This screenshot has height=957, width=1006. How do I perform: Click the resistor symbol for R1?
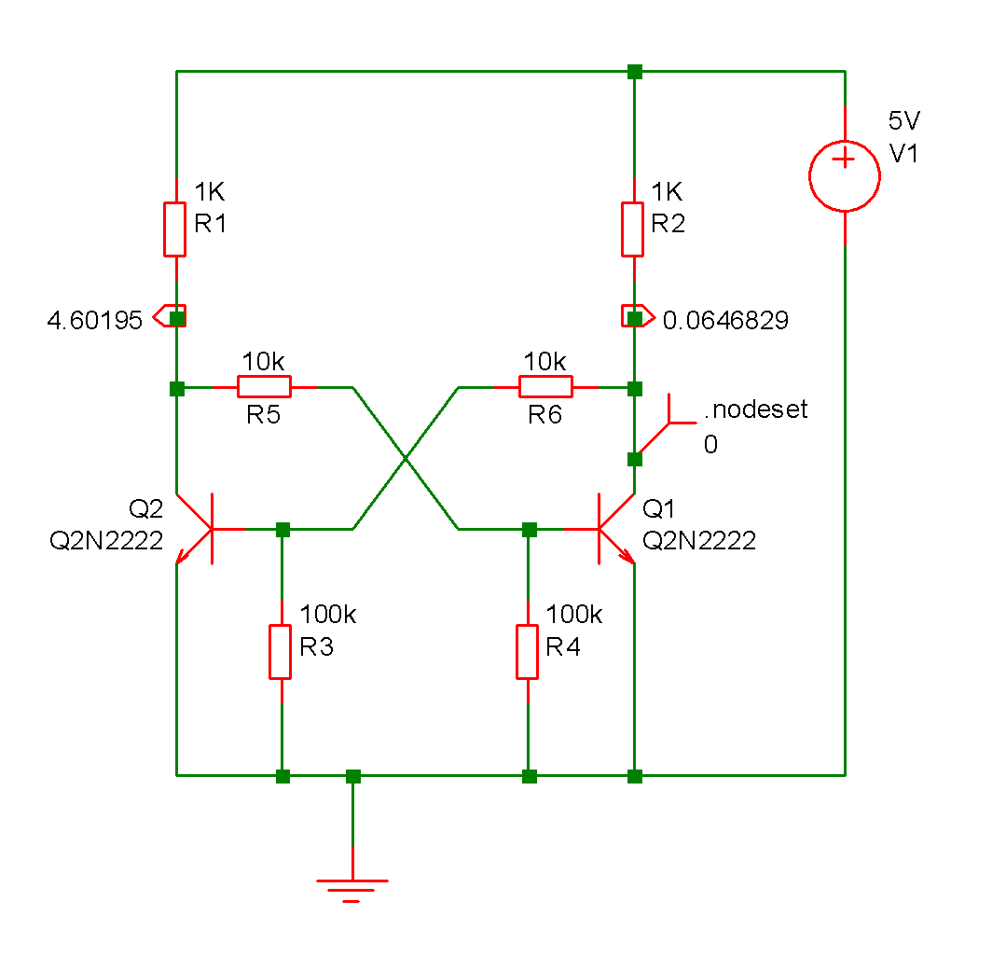click(x=176, y=228)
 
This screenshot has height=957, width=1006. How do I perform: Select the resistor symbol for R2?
click(x=633, y=228)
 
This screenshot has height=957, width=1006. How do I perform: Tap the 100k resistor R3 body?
click(x=281, y=652)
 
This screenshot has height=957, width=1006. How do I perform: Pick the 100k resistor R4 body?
click(x=528, y=652)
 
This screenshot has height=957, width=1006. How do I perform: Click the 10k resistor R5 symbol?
click(x=264, y=386)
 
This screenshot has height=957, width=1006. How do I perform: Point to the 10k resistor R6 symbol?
click(x=545, y=386)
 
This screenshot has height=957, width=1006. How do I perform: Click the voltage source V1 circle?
click(x=844, y=176)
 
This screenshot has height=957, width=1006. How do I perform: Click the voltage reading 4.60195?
click(x=95, y=321)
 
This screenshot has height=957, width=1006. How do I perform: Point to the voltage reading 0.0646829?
click(x=725, y=321)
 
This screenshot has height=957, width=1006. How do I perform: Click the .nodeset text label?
click(x=755, y=409)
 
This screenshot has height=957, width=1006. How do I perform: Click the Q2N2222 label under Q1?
click(x=699, y=541)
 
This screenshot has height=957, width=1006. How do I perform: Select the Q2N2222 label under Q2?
click(x=106, y=541)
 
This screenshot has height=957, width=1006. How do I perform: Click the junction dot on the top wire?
click(x=634, y=71)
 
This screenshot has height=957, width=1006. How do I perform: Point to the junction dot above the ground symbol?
click(x=352, y=775)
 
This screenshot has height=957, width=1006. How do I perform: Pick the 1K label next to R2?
click(x=668, y=192)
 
